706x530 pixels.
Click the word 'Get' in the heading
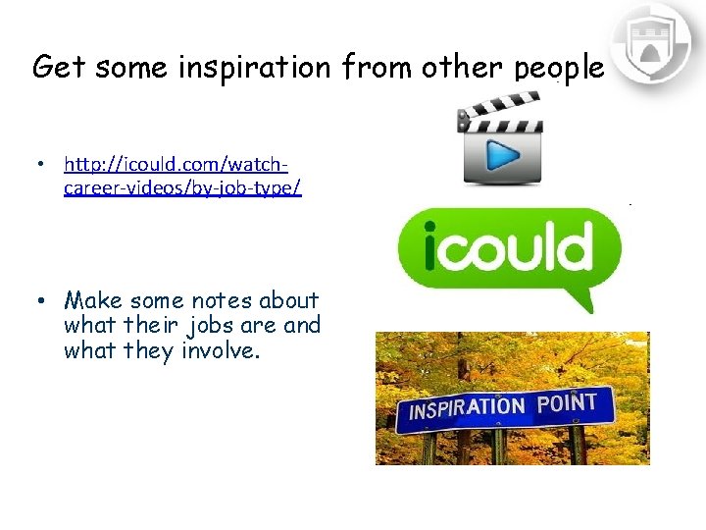(55, 67)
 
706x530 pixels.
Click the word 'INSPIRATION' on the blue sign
(466, 407)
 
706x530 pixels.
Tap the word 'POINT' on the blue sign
(567, 401)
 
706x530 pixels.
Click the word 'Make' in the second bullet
(93, 300)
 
